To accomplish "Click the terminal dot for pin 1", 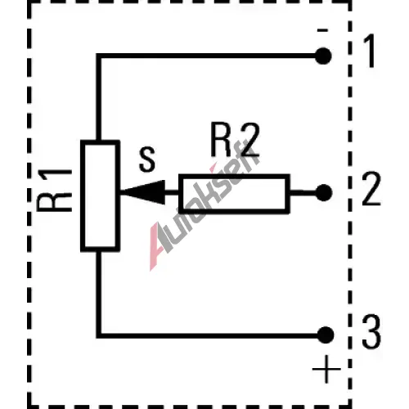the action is coord(323,56).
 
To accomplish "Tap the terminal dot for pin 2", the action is coord(324,193).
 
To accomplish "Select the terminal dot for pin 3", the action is coord(326,335).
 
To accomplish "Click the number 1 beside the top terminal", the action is coord(370,51).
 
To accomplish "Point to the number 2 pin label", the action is coord(371,189).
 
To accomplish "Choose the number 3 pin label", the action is coord(371,331).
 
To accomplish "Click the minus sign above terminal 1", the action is coord(322,30).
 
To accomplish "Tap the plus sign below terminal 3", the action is coord(326,370).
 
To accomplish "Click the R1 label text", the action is coord(54,191).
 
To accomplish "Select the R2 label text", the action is coord(235,140).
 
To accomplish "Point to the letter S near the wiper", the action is coord(147,160).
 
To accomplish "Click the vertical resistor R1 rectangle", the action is coord(101,196).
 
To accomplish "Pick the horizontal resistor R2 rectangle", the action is coord(234,194).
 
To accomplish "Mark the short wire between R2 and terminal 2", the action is coord(303,193).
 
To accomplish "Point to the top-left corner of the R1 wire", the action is coord(99,56).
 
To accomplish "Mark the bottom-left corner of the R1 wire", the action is coord(99,335).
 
